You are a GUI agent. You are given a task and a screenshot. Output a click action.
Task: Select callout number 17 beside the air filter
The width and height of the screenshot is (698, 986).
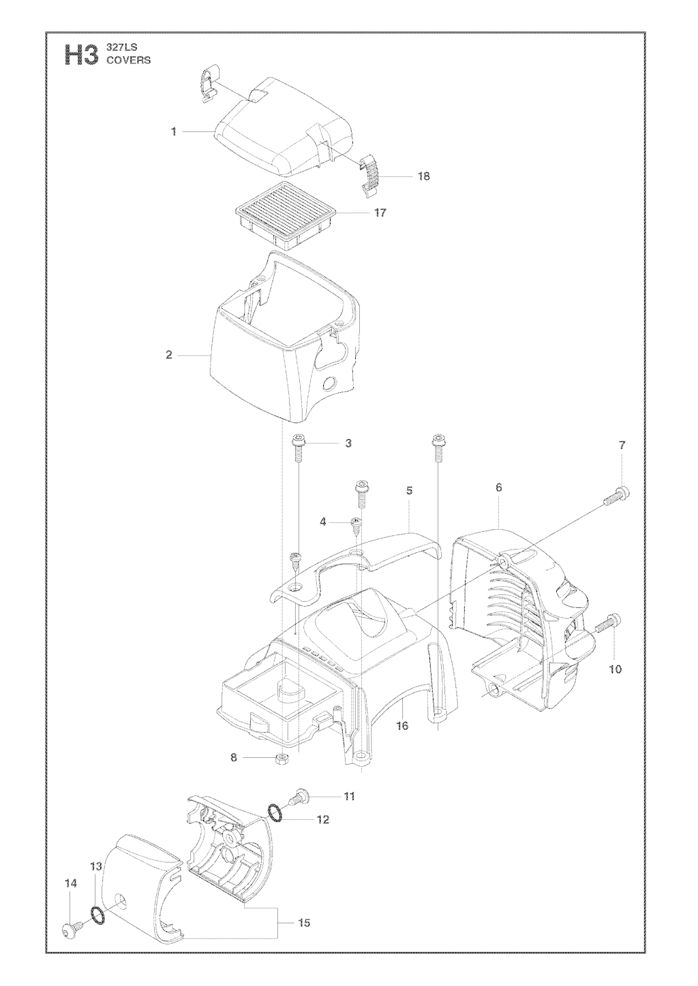(380, 212)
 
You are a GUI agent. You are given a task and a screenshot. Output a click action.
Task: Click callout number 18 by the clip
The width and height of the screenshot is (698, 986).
(423, 176)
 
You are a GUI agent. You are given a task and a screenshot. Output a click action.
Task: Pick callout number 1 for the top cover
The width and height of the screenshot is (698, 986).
(174, 131)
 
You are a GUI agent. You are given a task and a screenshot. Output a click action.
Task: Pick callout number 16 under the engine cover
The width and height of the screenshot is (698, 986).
(402, 725)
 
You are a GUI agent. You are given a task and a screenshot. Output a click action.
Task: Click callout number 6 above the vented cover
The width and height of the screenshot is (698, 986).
(498, 488)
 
